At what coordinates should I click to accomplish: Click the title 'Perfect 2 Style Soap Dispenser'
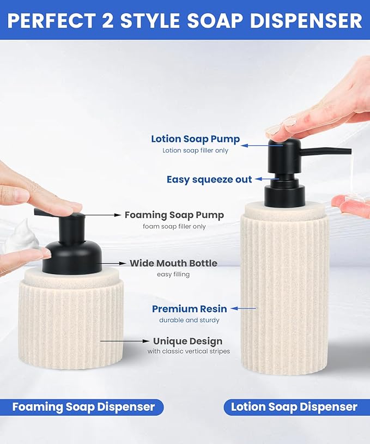[185, 20]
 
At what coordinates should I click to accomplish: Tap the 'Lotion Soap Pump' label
[195, 139]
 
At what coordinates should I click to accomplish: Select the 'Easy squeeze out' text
[209, 179]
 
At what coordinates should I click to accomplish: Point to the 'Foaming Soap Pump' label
[174, 215]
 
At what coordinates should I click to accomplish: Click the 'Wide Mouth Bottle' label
[173, 263]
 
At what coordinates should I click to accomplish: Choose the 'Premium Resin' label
[190, 309]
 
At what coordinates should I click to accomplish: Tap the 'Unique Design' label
[187, 342]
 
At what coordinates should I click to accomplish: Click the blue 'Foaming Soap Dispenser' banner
[83, 407]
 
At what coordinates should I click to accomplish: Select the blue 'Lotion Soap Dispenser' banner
[294, 407]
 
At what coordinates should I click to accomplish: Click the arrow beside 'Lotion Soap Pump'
[253, 146]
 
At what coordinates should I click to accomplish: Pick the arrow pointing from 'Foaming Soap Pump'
[103, 215]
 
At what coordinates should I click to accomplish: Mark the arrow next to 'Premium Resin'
[243, 309]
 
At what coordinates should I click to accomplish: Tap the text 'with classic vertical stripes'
[189, 352]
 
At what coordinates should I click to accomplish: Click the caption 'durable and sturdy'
[189, 320]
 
